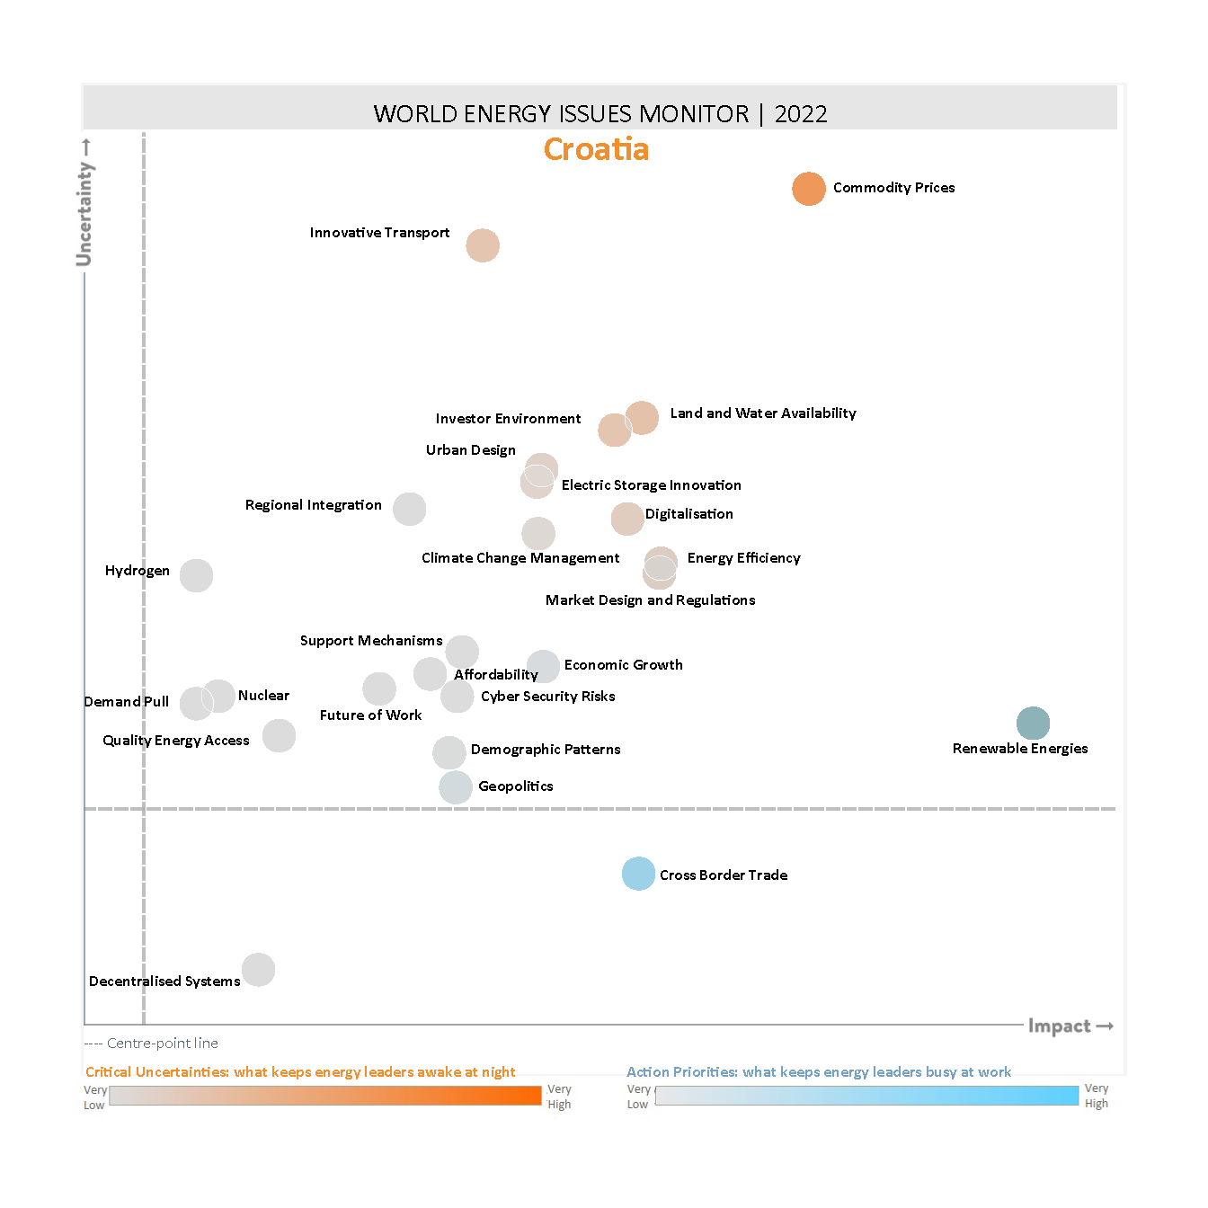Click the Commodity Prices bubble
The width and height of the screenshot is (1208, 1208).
809,189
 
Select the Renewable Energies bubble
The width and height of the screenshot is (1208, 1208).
1033,724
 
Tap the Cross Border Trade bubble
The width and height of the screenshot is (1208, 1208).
638,874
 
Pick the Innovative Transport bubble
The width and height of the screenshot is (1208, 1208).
483,245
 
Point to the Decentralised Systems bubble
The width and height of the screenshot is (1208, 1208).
259,970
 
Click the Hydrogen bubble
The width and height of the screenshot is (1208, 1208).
196,575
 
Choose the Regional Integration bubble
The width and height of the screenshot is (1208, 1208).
410,510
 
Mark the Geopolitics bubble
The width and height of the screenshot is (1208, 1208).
456,787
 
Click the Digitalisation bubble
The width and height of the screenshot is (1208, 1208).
627,519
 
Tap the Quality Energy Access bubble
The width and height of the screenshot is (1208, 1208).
279,735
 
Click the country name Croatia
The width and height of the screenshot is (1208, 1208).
596,149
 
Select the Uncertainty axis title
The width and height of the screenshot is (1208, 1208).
84,213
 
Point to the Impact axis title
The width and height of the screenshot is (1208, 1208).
1060,1026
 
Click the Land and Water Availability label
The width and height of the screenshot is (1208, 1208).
763,413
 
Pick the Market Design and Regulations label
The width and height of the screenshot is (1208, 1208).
650,600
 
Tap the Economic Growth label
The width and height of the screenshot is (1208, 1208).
623,665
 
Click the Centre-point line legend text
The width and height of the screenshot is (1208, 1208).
162,1044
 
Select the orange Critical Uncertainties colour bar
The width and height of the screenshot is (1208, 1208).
325,1096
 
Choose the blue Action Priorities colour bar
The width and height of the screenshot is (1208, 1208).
866,1096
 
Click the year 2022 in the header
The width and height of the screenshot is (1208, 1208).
801,114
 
